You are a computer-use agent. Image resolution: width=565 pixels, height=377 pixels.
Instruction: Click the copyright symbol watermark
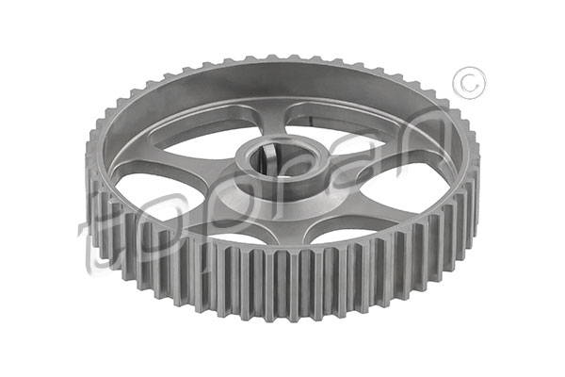[x=469, y=83]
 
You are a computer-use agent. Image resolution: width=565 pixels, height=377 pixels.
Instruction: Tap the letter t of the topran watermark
[x=94, y=245]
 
